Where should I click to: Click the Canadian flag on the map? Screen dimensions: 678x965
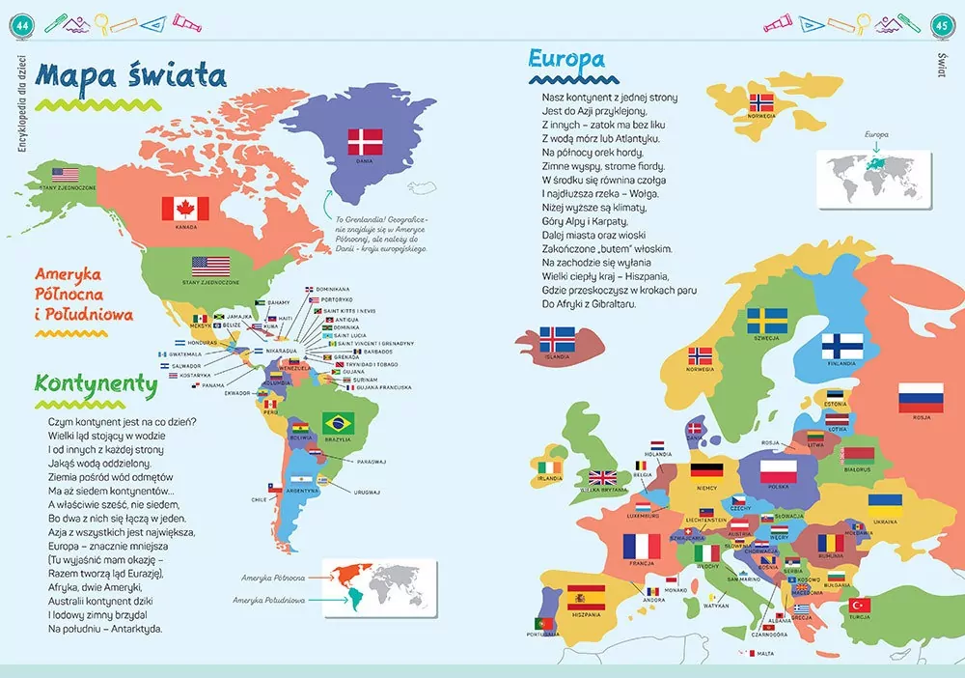click(179, 208)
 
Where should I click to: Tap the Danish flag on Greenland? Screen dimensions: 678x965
click(366, 142)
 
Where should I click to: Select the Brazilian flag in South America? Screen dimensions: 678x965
click(338, 422)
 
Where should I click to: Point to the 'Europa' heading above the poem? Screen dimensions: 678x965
click(566, 60)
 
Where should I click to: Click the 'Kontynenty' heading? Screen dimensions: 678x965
click(96, 384)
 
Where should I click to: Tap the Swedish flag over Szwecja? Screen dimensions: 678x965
click(768, 320)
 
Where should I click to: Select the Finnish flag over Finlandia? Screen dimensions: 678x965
click(841, 346)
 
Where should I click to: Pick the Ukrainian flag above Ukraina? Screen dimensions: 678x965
click(884, 500)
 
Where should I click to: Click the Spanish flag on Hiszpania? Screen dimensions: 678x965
click(586, 598)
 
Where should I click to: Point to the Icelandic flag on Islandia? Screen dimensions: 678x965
click(557, 339)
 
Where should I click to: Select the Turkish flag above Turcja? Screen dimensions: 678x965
click(858, 605)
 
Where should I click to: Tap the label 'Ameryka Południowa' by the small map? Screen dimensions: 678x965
click(270, 600)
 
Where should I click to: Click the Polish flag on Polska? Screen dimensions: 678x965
click(779, 471)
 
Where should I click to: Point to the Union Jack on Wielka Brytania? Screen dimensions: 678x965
click(603, 477)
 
